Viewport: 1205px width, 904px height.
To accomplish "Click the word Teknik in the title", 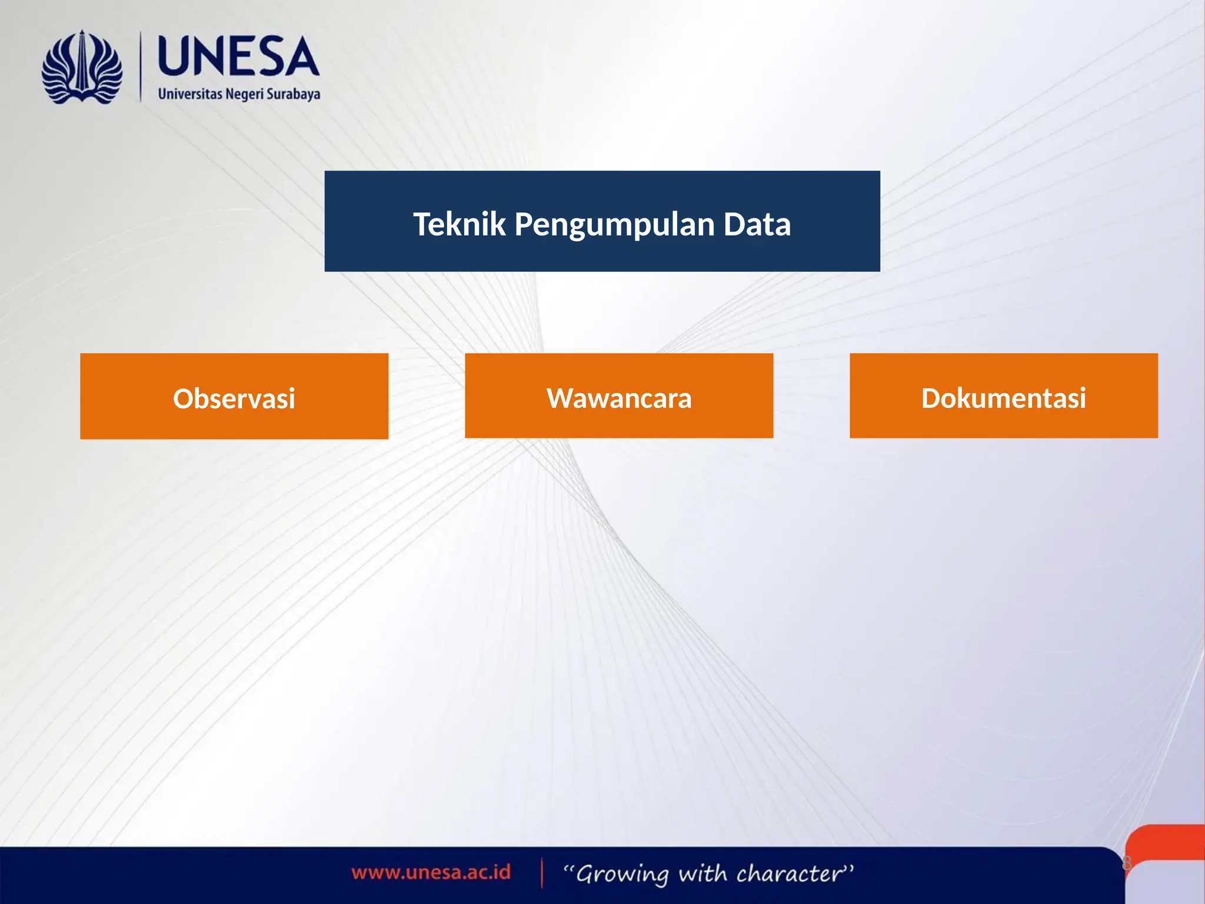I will [459, 224].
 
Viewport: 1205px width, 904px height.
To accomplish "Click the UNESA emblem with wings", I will [82, 68].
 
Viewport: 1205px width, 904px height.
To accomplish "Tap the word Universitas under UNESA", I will [190, 94].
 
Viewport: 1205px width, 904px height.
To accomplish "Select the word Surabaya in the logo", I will [294, 95].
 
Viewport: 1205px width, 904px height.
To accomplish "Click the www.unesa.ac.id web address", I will [431, 872].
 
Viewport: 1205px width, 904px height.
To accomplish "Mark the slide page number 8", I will [1127, 863].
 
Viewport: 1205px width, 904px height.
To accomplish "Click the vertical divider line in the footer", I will [542, 873].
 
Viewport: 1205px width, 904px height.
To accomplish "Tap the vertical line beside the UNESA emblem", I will [141, 67].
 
